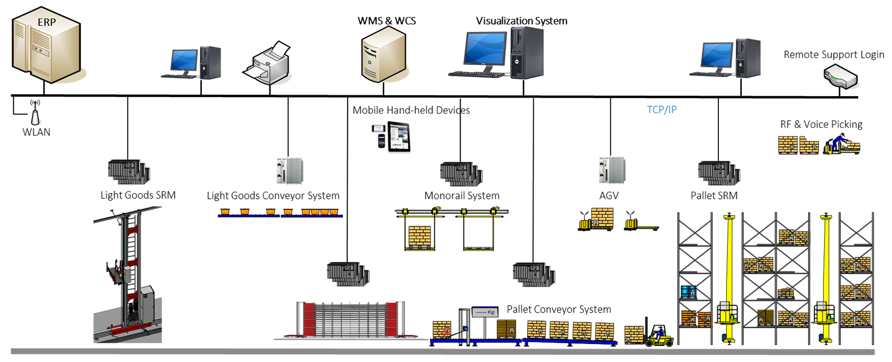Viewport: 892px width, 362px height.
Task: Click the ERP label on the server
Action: (47, 22)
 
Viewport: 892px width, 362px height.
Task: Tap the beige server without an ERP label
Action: (383, 54)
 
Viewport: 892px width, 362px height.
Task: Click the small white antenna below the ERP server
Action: (35, 117)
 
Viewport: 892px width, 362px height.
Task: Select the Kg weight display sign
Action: (486, 312)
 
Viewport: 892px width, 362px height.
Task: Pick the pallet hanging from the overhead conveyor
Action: (419, 237)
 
